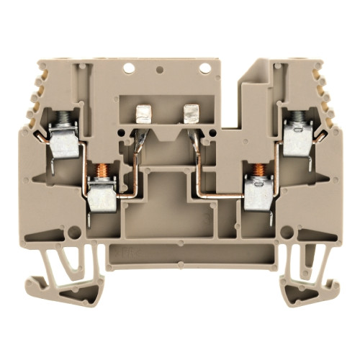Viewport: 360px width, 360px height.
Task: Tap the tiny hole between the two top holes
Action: tap(160, 71)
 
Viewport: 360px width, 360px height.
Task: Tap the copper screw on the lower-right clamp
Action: tap(258, 174)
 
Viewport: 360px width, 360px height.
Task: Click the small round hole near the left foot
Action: tap(72, 233)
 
